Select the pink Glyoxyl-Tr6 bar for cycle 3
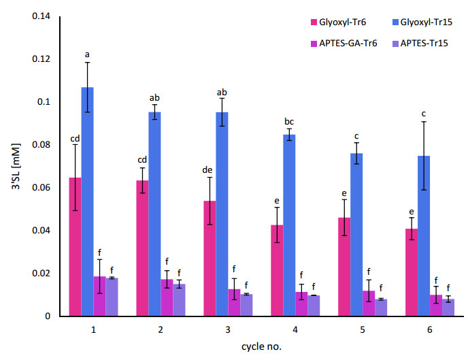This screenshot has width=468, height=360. pyautogui.click(x=210, y=259)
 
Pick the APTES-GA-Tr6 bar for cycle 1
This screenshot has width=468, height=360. pyautogui.click(x=99, y=296)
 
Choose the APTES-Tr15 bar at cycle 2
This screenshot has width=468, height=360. pyautogui.click(x=178, y=300)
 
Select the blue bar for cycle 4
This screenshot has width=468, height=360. pyautogui.click(x=288, y=225)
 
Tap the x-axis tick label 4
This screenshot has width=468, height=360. pyautogui.click(x=295, y=330)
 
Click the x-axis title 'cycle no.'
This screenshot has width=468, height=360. pyautogui.click(x=261, y=346)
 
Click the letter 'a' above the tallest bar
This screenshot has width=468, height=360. pyautogui.click(x=87, y=54)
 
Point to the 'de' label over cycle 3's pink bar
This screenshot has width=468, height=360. pyautogui.click(x=210, y=170)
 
